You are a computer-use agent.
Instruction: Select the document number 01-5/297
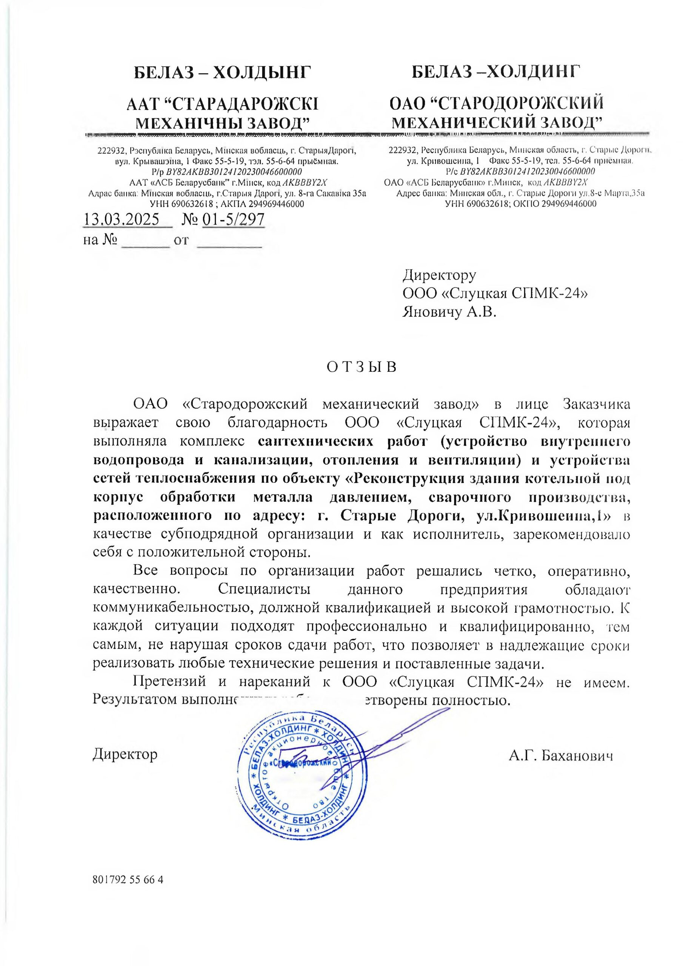(x=233, y=220)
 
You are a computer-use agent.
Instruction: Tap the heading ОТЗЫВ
(x=361, y=367)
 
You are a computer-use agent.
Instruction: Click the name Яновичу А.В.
(x=449, y=312)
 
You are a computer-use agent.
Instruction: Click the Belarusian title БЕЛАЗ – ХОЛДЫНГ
(x=223, y=73)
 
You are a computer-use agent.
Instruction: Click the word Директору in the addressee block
(x=439, y=275)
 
